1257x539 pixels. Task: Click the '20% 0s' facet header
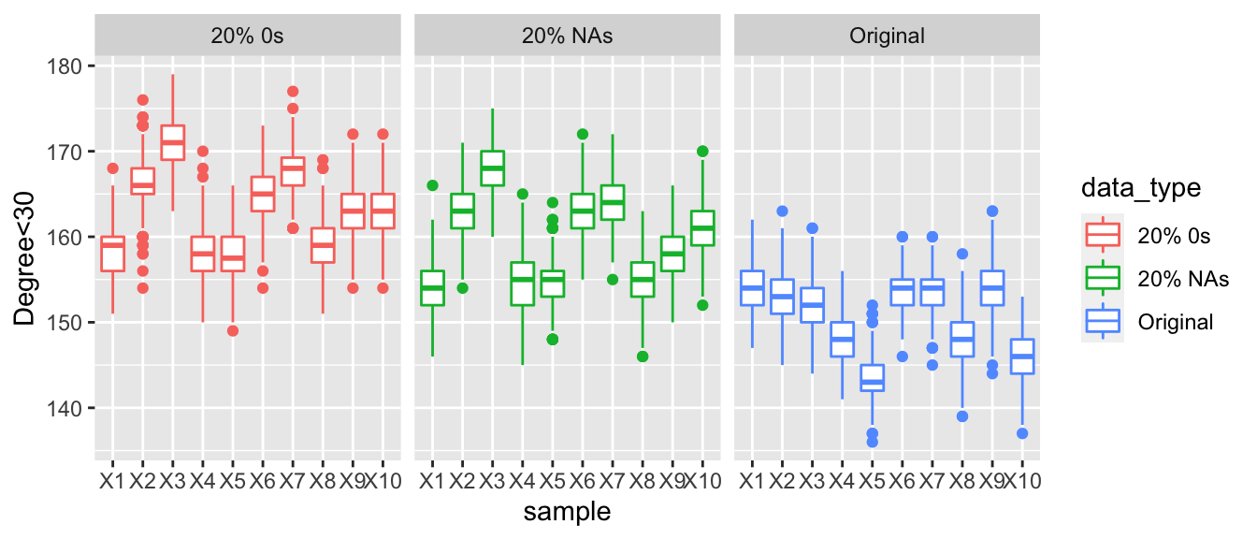tap(248, 36)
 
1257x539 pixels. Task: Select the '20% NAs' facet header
tap(568, 36)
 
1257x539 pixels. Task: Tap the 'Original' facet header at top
tap(887, 36)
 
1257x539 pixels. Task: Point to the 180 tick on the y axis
tap(71, 66)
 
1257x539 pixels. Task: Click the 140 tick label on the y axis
tap(71, 408)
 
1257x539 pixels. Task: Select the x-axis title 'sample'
tap(568, 511)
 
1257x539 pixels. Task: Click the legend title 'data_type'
tap(1148, 188)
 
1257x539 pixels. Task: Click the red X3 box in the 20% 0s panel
tap(173, 142)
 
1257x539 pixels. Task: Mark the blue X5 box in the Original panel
tap(872, 378)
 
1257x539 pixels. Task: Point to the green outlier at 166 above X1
tap(432, 185)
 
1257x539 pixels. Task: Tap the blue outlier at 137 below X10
tap(1022, 433)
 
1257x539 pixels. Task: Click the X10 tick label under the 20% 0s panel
tap(383, 482)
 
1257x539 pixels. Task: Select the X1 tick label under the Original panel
tap(751, 482)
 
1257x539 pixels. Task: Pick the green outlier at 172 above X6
tap(583, 135)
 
